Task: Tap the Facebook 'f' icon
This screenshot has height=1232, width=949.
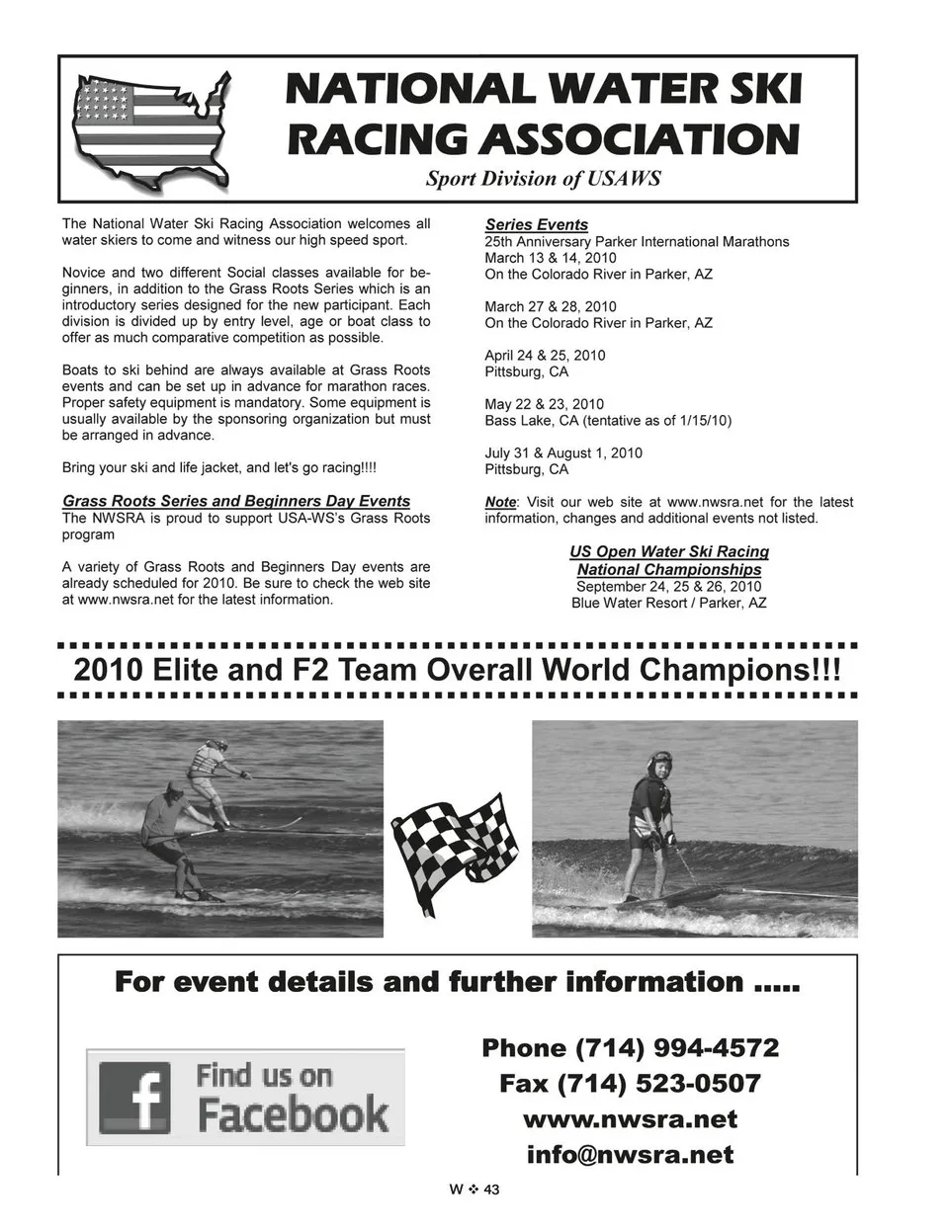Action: pos(134,1097)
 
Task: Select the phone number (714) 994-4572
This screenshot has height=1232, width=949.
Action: pos(630,1047)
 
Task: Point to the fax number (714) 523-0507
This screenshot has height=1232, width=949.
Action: pos(630,1084)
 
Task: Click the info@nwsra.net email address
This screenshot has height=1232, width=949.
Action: pos(630,1155)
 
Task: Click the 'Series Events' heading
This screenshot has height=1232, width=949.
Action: pos(536,224)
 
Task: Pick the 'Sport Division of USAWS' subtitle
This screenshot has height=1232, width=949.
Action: pos(543,179)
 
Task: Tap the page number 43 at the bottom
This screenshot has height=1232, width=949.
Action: pos(491,1190)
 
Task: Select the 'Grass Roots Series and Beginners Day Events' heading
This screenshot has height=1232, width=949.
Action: pos(236,501)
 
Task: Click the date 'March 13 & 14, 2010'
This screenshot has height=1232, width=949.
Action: pos(550,258)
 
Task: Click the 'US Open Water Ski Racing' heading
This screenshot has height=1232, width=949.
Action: pos(669,551)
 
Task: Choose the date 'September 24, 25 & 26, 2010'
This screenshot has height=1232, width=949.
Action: pos(669,586)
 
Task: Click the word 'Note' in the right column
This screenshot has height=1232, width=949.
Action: pos(500,502)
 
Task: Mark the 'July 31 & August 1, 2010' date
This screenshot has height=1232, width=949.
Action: pos(562,452)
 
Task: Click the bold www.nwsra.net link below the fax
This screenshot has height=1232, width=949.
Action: pos(630,1119)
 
